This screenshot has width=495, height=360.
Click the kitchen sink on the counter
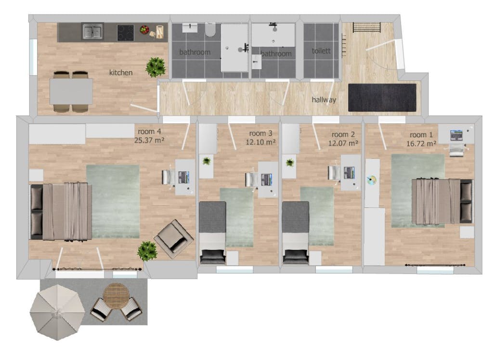point(93,32)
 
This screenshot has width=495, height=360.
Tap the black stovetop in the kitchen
point(126,32)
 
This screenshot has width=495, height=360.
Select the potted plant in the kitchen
point(156,67)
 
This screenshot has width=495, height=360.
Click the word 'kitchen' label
point(120,73)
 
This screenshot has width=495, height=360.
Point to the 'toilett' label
point(321,51)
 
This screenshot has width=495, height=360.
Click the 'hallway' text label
point(324,100)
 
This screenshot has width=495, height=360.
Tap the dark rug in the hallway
point(382,98)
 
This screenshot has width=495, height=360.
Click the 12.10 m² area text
point(261,142)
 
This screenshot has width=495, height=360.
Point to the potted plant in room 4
point(147,251)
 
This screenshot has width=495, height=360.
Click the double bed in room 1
point(441,201)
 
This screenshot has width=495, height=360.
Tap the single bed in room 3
point(212,232)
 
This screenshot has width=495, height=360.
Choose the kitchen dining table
point(71,91)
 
